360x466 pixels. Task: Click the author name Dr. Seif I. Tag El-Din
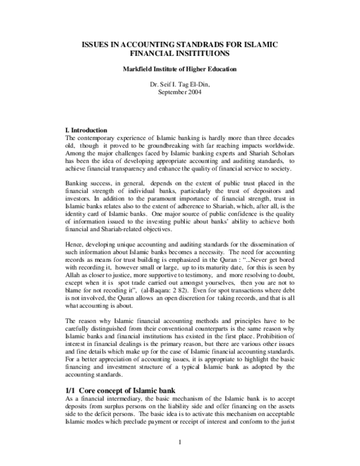click(180, 84)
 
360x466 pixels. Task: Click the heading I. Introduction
click(85, 130)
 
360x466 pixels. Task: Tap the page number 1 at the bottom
click(180, 443)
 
